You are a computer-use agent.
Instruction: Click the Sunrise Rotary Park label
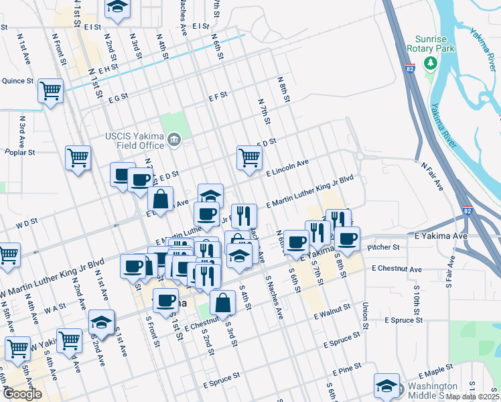(x=435, y=44)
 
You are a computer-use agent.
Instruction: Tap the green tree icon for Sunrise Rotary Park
(x=431, y=63)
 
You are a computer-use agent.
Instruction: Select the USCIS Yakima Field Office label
(x=134, y=141)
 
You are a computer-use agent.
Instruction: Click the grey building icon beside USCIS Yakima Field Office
(x=174, y=140)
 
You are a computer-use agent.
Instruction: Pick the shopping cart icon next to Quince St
(x=51, y=90)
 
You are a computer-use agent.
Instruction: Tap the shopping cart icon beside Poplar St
(x=78, y=158)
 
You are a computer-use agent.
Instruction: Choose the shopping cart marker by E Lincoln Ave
(x=249, y=157)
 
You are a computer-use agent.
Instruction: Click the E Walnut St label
(x=332, y=310)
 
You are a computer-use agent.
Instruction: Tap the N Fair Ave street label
(x=432, y=176)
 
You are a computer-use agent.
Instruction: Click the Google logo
(x=22, y=394)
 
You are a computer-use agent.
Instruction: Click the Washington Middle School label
(x=433, y=391)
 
